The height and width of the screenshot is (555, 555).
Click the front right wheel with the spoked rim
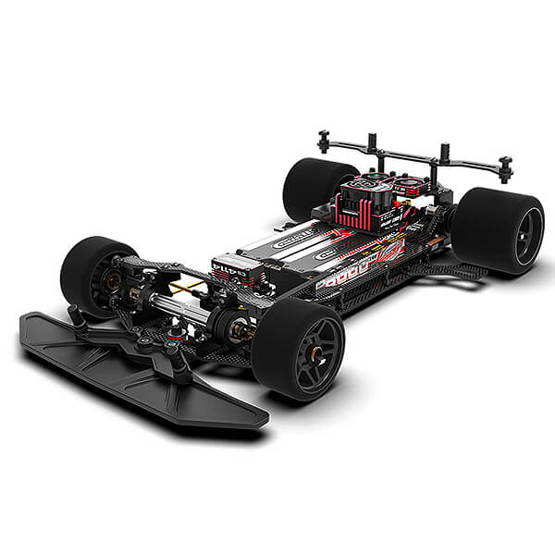point(298,347)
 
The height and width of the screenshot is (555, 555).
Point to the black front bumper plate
point(139,365)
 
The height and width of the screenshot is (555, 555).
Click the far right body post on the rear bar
point(505,168)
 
